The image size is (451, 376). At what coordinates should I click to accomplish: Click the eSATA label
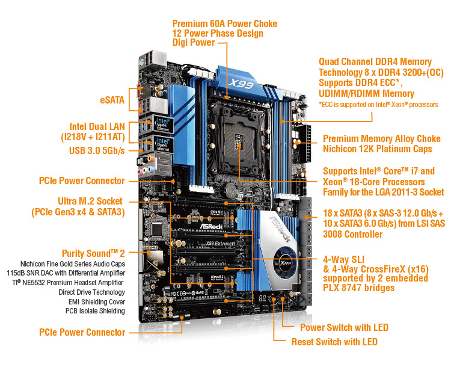click(112, 100)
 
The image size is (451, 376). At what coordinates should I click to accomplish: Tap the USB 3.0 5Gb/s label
click(97, 150)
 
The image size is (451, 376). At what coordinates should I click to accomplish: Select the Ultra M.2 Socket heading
click(90, 201)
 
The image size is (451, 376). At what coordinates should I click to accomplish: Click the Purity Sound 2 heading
click(93, 253)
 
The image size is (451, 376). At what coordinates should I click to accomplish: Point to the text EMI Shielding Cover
click(97, 302)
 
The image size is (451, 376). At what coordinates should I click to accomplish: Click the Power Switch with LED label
click(344, 327)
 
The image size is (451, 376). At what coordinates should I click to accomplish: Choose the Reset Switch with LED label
click(334, 342)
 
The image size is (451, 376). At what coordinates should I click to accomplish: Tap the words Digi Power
click(194, 43)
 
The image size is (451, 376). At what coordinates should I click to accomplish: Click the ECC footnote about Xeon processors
click(378, 105)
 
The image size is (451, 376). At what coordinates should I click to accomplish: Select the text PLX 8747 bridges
click(358, 288)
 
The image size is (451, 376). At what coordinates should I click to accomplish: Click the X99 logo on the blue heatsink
click(241, 84)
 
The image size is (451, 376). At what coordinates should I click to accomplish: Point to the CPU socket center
click(239, 140)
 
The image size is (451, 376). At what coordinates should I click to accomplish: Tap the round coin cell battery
click(231, 189)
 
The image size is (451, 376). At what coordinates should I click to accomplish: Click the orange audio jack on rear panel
click(150, 158)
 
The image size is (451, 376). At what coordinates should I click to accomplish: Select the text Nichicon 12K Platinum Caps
click(378, 149)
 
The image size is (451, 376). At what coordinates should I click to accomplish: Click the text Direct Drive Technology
click(92, 292)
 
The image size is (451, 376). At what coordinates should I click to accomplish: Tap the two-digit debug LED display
click(262, 298)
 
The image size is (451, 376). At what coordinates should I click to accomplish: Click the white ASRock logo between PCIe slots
click(211, 226)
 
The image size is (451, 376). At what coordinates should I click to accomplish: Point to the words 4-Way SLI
click(344, 259)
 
